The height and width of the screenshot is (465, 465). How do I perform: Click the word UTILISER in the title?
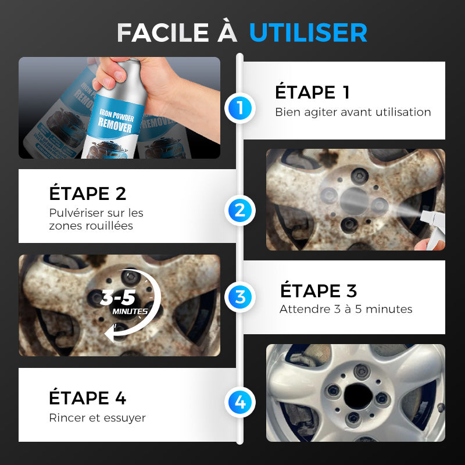tap(308, 33)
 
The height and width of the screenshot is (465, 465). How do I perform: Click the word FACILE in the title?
tap(163, 33)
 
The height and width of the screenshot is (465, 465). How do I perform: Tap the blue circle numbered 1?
tap(240, 108)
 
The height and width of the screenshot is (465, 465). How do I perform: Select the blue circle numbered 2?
tap(240, 210)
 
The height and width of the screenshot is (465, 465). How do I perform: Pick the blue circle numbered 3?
tap(240, 297)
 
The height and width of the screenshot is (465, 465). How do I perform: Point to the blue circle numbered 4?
tap(240, 402)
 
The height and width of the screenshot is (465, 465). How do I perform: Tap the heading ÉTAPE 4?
tap(88, 398)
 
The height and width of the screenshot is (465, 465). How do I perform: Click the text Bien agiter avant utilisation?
tap(353, 112)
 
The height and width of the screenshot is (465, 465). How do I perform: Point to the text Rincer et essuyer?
tap(97, 417)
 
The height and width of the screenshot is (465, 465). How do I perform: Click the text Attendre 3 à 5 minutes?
tap(346, 309)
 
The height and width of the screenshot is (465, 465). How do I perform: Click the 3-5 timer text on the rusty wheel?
tap(118, 298)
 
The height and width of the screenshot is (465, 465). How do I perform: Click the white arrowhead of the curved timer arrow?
tap(110, 333)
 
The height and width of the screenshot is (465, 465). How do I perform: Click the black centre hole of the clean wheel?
tap(358, 396)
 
